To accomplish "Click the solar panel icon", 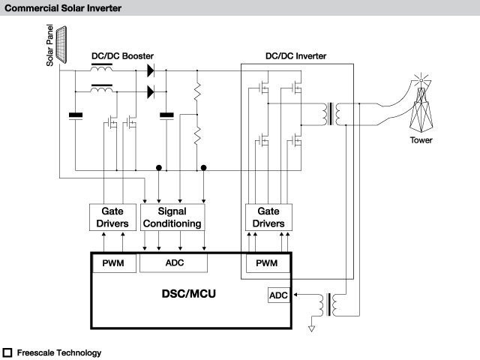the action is pyautogui.click(x=61, y=45).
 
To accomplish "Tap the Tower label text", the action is pyautogui.click(x=421, y=140).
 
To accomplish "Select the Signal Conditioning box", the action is pyautogui.click(x=172, y=217).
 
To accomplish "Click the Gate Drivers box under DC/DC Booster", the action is pyautogui.click(x=112, y=217).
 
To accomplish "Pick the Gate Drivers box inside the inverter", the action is pyautogui.click(x=268, y=217).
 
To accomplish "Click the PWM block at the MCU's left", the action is pyautogui.click(x=114, y=263).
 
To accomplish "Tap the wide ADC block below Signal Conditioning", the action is pyautogui.click(x=173, y=262).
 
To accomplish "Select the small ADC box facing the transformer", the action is pyautogui.click(x=278, y=295).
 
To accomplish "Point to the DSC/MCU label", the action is pyautogui.click(x=188, y=294).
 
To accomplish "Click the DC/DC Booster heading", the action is pyautogui.click(x=122, y=56).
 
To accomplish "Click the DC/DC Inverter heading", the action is pyautogui.click(x=295, y=56).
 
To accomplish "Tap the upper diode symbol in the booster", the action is pyautogui.click(x=151, y=70).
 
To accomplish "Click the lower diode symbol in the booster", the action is pyautogui.click(x=151, y=91).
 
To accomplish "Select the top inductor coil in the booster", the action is pyautogui.click(x=102, y=68).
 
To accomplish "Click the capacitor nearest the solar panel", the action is pyautogui.click(x=76, y=115).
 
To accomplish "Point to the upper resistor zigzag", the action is pyautogui.click(x=197, y=91).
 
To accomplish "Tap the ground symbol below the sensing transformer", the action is pyautogui.click(x=311, y=328).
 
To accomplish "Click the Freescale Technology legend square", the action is pyautogui.click(x=7, y=352).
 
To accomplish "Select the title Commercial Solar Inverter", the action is pyautogui.click(x=63, y=8).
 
